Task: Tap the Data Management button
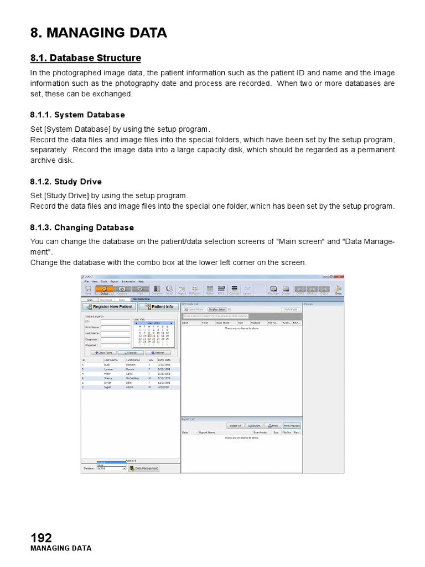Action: [x=144, y=468]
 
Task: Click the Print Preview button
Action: [x=292, y=426]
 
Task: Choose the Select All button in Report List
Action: [x=236, y=426]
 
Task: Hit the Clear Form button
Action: [x=103, y=352]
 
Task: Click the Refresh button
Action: [x=158, y=352]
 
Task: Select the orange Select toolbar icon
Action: [x=104, y=289]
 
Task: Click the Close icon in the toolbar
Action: [x=338, y=289]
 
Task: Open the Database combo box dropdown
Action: [x=124, y=468]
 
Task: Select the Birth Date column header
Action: [x=164, y=360]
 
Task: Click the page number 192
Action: [x=41, y=537]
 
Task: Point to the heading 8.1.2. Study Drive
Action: [x=66, y=182]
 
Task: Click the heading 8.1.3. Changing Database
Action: [x=82, y=228]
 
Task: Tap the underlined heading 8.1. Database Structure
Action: [x=85, y=58]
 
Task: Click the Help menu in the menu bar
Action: [x=141, y=281]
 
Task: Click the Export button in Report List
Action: [x=254, y=426]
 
